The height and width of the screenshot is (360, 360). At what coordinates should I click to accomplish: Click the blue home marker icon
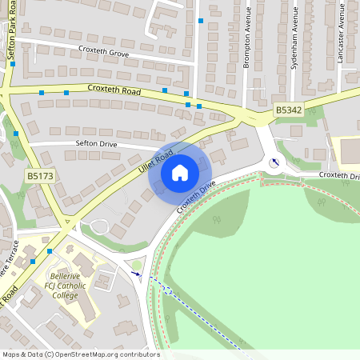(180, 172)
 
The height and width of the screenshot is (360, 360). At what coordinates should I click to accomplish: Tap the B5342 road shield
(288, 109)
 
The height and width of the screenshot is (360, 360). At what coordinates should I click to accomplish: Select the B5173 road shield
(40, 175)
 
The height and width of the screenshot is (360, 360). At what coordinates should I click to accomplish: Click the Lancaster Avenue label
(340, 36)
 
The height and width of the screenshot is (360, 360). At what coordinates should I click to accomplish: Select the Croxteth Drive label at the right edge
(339, 174)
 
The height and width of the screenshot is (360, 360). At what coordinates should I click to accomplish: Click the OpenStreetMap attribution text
(80, 354)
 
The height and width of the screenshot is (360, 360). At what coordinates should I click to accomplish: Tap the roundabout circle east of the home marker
(276, 162)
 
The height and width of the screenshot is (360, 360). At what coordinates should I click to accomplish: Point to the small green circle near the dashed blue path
(136, 265)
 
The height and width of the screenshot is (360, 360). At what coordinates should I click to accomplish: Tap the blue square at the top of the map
(201, 20)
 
